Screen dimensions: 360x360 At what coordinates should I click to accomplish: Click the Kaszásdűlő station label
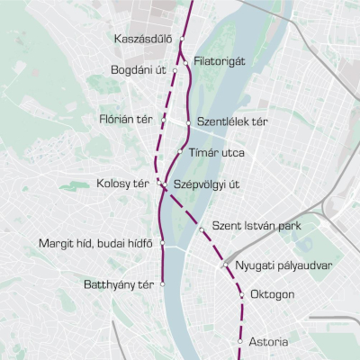coord(143,40)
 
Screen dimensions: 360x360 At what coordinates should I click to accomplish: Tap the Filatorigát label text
coord(220,62)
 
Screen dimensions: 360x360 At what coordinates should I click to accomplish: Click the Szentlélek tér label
coord(230,121)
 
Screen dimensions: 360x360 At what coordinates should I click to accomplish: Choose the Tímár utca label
coord(216,152)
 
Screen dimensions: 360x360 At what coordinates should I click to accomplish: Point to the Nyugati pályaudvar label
coord(284,266)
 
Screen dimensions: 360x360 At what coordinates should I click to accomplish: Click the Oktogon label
coord(273,295)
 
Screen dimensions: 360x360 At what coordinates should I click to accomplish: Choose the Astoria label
coord(269,341)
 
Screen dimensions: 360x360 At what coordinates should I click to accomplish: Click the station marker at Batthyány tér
coord(163,283)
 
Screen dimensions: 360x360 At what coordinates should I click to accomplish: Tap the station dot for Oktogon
coord(242,294)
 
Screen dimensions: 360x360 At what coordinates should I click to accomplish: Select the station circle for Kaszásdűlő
coord(182,40)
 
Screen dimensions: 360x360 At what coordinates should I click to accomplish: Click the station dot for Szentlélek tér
coord(188,121)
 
